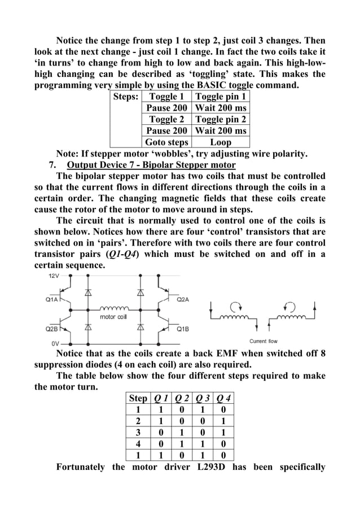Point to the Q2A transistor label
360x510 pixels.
[x=183, y=300]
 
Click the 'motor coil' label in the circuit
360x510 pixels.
[x=115, y=317]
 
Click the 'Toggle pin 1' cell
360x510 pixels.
[x=220, y=97]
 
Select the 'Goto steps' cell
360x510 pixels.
[x=168, y=142]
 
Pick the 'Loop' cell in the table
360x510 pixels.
[x=220, y=142]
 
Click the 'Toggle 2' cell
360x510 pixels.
[x=168, y=119]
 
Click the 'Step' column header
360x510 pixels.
[x=138, y=398]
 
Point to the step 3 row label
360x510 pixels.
[x=138, y=432]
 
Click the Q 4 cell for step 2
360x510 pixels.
[x=225, y=421]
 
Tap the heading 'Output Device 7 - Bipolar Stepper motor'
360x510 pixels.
[x=151, y=165]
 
